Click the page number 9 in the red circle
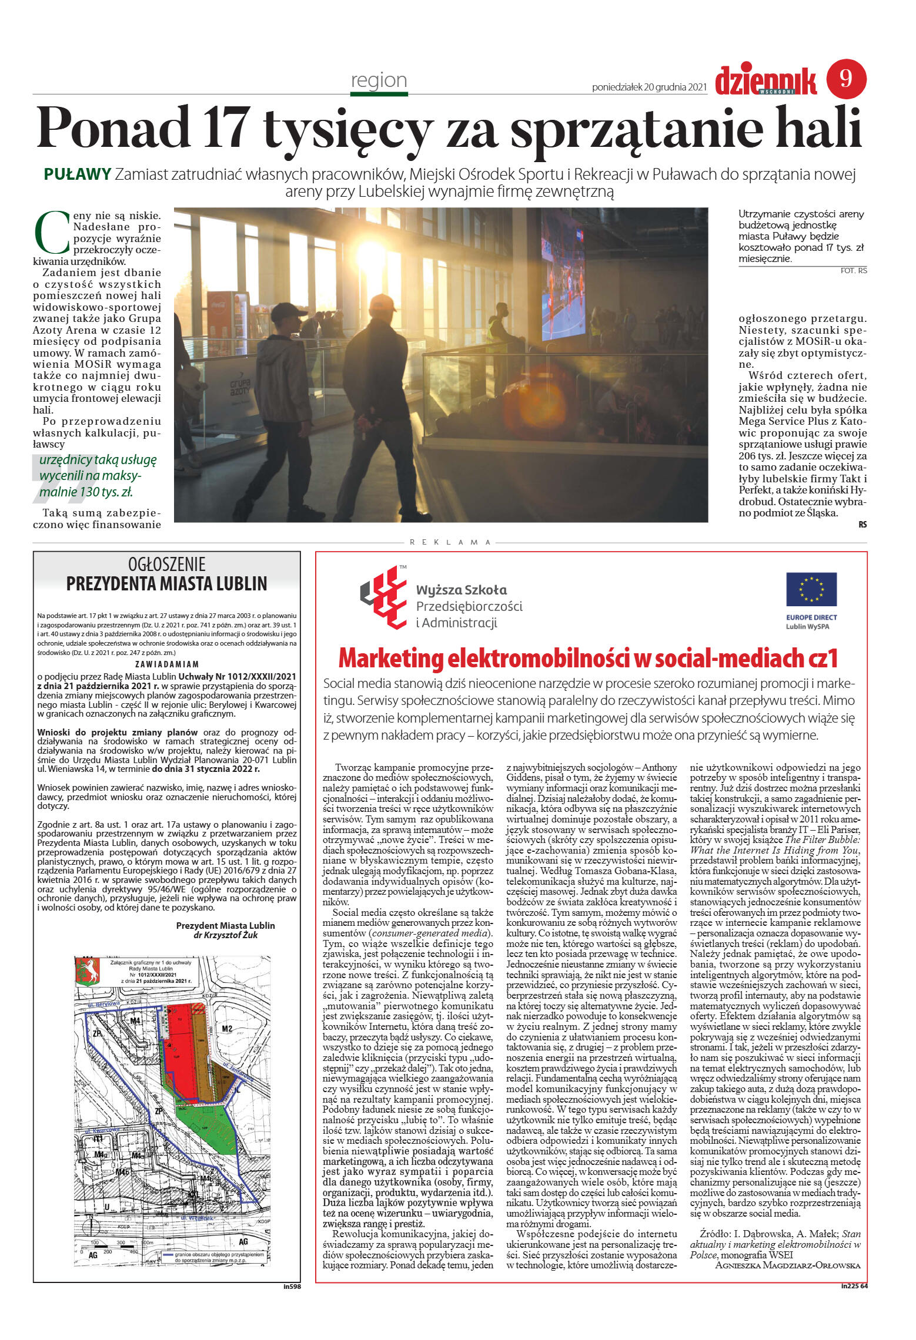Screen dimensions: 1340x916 coord(846,79)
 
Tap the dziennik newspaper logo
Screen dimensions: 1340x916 coord(765,81)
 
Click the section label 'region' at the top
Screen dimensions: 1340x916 coord(379,80)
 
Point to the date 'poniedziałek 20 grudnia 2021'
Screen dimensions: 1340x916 coord(648,88)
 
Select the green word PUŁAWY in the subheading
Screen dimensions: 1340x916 coord(78,174)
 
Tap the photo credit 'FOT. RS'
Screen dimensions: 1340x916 coord(854,271)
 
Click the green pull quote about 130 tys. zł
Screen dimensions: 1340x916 coord(94,476)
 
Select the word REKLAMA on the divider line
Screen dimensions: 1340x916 coord(450,542)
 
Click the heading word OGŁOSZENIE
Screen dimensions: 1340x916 coord(166,565)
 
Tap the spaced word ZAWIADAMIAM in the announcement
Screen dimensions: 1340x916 coord(167,664)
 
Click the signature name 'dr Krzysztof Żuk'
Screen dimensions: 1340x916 coord(225,935)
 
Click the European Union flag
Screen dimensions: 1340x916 coord(811,589)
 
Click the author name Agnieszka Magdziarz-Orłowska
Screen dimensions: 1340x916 coord(787,1265)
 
